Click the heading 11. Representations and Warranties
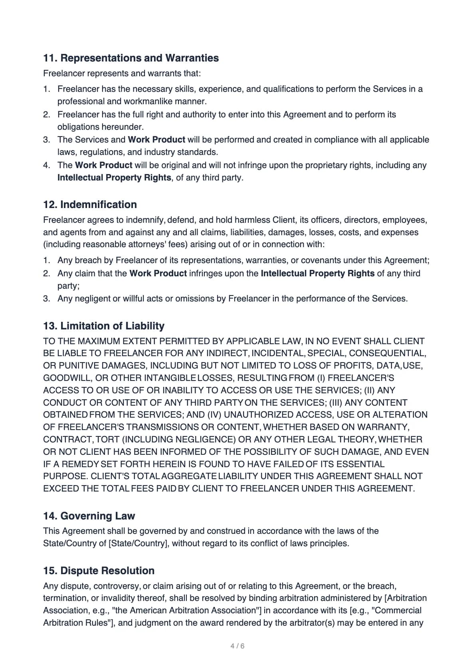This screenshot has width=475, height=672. tap(131, 58)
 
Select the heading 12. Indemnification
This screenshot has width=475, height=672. tap(90, 204)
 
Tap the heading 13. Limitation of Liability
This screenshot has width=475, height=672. tap(103, 326)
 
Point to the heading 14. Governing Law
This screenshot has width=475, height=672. tap(89, 516)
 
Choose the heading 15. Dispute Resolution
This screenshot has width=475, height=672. tap(99, 571)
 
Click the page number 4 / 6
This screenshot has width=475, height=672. tap(238, 646)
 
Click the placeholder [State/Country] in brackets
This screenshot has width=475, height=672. tap(138, 543)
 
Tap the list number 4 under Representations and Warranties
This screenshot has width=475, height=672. tap(47, 165)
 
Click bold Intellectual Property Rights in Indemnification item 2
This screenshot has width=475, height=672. tap(317, 274)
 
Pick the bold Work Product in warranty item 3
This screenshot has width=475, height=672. tap(156, 140)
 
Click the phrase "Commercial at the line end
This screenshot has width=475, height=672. tap(396, 611)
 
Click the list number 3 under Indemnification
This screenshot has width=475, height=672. tap(47, 299)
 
